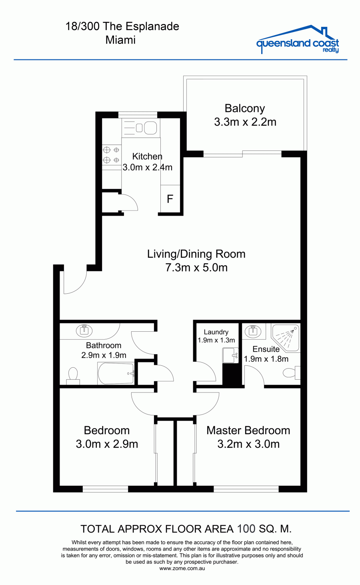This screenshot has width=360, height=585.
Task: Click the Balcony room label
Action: click(x=245, y=108)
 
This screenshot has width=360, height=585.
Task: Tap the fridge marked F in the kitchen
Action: click(x=170, y=199)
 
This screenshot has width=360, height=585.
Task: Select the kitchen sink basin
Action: click(x=150, y=128)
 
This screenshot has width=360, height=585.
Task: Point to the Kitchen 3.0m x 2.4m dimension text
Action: click(x=148, y=167)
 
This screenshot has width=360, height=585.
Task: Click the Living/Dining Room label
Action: click(x=196, y=254)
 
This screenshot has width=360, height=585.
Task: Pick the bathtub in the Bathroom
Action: click(x=116, y=373)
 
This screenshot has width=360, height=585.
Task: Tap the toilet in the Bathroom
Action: click(x=73, y=376)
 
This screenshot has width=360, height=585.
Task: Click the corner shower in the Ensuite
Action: click(x=286, y=338)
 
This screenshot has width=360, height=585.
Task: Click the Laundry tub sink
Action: click(x=230, y=355)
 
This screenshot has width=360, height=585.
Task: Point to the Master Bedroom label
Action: click(x=248, y=431)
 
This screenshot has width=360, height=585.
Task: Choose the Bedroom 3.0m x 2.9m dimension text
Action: click(x=107, y=444)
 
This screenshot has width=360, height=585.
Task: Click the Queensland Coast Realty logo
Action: click(x=298, y=39)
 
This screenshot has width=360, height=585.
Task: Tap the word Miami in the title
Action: click(x=121, y=40)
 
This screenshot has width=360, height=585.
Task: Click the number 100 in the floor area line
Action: click(x=246, y=529)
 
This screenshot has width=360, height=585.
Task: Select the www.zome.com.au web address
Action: click(x=182, y=569)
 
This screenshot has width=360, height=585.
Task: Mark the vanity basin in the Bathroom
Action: click(x=84, y=331)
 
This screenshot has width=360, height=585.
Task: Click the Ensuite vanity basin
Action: click(x=253, y=331)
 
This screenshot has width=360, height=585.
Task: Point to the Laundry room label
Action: click(x=216, y=332)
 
